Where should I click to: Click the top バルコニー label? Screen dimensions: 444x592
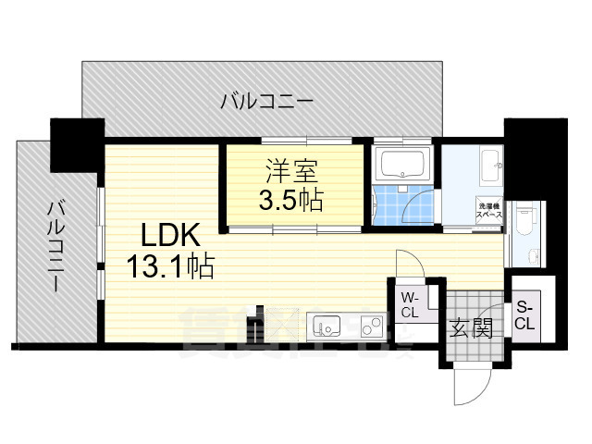(266, 101)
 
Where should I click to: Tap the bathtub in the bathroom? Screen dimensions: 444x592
(402, 165)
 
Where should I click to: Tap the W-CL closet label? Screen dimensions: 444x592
(410, 304)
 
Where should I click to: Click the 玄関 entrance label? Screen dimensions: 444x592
(470, 328)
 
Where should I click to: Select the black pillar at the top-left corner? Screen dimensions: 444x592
(74, 146)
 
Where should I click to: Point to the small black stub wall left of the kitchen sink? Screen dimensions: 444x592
(251, 328)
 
